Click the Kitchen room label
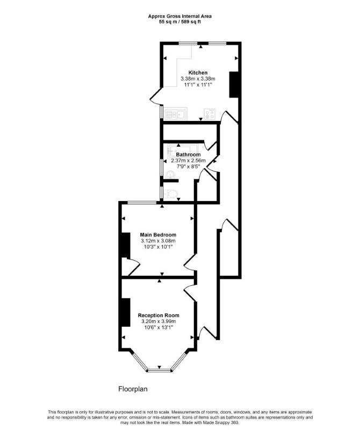click(x=198, y=73)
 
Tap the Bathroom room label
click(x=189, y=155)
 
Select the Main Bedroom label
click(x=158, y=235)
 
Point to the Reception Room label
click(x=159, y=315)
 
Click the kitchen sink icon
click(x=176, y=114)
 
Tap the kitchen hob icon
click(x=210, y=114)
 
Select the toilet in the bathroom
click(x=171, y=193)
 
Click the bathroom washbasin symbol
click(x=170, y=175)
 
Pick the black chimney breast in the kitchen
click(x=234, y=84)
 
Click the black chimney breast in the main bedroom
click(x=126, y=245)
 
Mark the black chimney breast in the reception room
click(x=126, y=312)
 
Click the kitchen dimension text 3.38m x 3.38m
click(x=198, y=79)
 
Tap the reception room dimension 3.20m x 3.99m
click(x=159, y=321)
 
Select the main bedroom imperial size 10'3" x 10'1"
click(x=158, y=247)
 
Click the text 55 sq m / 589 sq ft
click(x=180, y=22)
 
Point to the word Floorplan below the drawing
click(x=133, y=389)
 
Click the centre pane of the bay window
click(x=159, y=370)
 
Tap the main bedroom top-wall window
click(x=142, y=203)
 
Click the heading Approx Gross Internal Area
click(x=180, y=16)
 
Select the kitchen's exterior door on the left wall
click(x=155, y=96)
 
